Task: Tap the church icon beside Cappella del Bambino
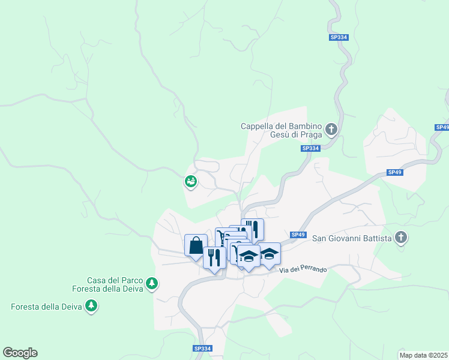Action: pos(331,129)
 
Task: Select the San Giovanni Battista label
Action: pos(352,238)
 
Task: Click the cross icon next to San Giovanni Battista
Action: pos(401,238)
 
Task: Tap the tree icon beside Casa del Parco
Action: pos(152,283)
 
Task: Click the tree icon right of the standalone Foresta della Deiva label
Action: pos(91,307)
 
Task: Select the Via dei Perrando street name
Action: pos(303,271)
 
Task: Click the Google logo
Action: pos(20,353)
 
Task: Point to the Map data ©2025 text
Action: pos(423,355)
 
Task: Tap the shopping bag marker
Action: pos(196,245)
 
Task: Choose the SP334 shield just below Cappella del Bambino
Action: pos(310,148)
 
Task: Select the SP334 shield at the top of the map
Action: pos(339,37)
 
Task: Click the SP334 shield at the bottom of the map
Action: pos(203,349)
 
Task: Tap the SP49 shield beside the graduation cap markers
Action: pos(298,235)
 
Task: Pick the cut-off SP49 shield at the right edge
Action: pos(442,127)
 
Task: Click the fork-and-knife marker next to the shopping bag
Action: pos(214,257)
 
